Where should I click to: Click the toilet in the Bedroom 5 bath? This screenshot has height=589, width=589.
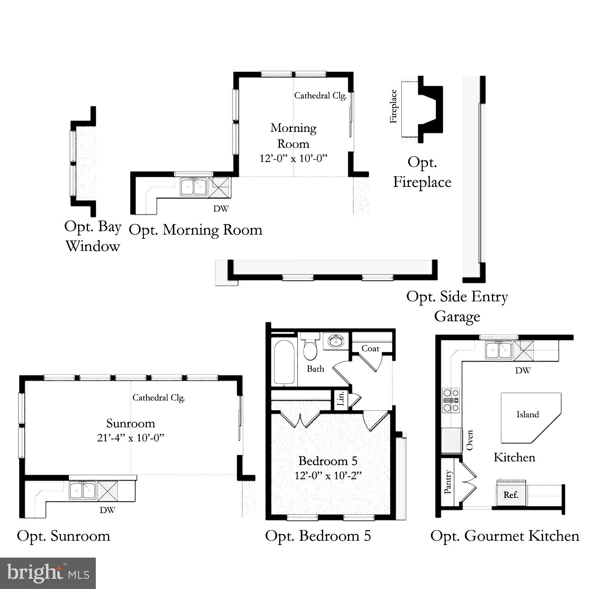point(310,347)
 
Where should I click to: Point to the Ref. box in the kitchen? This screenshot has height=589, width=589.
point(510,495)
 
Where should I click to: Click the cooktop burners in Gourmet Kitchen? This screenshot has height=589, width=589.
point(451,400)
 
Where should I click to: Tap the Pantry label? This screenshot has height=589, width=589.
point(448,482)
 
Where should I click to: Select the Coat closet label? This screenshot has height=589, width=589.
point(370,349)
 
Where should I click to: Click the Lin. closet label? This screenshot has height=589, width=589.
point(341,399)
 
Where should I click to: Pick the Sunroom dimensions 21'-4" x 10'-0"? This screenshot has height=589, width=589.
point(131,437)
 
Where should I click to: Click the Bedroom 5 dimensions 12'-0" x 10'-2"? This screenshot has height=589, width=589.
point(328,476)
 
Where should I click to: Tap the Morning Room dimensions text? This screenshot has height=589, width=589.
point(293,158)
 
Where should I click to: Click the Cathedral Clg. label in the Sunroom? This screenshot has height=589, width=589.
point(159,398)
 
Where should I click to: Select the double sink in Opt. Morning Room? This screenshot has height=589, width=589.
point(194,187)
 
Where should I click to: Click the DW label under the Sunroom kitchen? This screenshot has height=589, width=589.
point(107,510)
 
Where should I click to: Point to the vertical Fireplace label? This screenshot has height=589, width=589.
point(393,106)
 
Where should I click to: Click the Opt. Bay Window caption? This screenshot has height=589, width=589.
point(93,236)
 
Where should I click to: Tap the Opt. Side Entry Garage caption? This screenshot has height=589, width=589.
point(457,306)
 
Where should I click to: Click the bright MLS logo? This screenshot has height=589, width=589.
point(48,573)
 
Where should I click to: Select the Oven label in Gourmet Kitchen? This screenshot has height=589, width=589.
point(469,440)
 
